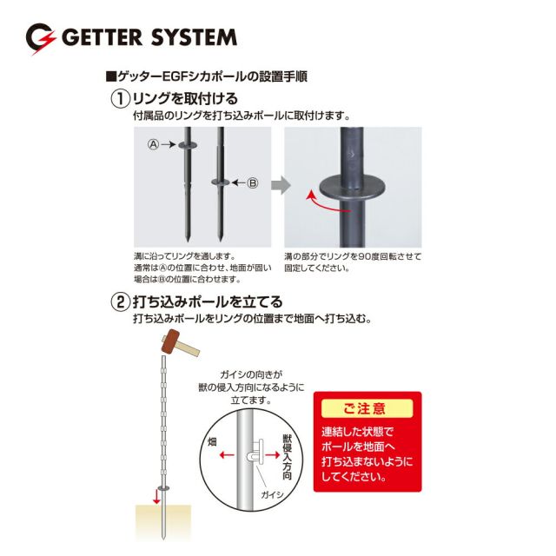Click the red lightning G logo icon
[41, 38]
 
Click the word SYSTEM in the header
[195, 37]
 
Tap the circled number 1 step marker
[121, 99]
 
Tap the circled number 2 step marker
[121, 302]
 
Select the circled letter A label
[153, 144]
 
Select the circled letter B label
[253, 183]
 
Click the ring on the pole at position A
[188, 145]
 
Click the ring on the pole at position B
[221, 182]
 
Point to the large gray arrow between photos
[281, 185]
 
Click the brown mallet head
[170, 341]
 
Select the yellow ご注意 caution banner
[367, 408]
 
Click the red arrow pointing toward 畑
[226, 454]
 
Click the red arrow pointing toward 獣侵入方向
[273, 454]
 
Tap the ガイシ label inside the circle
[272, 494]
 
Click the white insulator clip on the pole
[256, 451]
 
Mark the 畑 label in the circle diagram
[212, 441]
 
